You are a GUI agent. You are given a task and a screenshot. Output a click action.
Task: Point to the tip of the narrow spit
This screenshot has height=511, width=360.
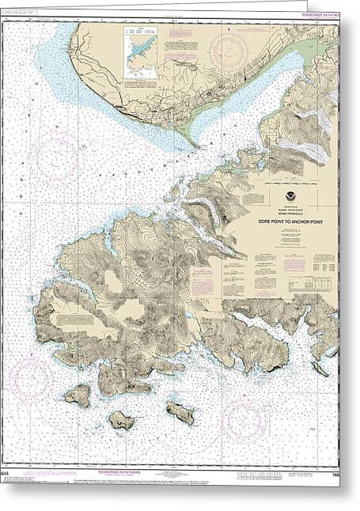click(194, 146)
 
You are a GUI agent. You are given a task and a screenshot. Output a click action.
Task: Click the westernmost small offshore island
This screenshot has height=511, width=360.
click(78, 395)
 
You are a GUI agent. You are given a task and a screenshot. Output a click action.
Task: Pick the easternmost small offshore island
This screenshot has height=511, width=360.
click(180, 412)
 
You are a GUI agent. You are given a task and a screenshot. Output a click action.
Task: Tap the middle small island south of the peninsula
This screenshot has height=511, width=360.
click(121, 420)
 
